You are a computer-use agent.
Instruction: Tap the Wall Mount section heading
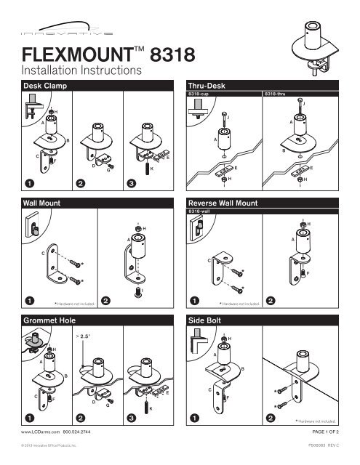41,206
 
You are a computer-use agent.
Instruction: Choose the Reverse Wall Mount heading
228,206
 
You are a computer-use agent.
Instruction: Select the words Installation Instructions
81,71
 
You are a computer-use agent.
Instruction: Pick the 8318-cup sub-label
199,94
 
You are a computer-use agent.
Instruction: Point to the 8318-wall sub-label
200,213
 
